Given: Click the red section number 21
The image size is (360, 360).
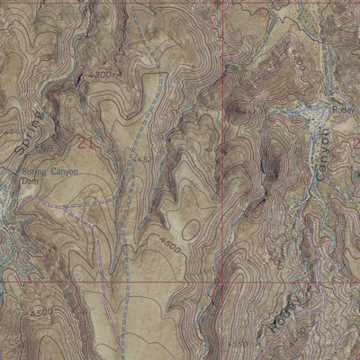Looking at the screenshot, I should tap(85, 142).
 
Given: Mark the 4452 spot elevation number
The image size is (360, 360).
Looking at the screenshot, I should tap(138, 161).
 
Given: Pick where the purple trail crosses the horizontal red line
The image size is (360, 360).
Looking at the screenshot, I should tap(102, 282).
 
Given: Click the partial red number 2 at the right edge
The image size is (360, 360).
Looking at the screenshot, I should tap(355, 142).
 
